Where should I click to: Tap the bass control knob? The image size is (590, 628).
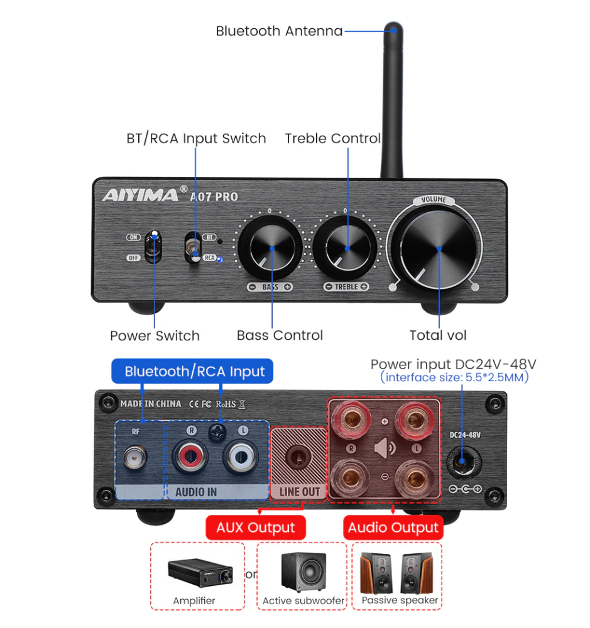click(270, 248)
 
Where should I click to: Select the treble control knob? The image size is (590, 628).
click(345, 248)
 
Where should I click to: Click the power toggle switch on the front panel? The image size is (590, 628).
click(153, 246)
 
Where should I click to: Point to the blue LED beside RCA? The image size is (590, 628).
click(220, 259)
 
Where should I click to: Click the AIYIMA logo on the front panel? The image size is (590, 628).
click(140, 195)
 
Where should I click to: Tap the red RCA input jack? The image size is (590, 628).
click(190, 456)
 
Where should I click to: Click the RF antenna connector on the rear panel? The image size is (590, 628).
click(135, 457)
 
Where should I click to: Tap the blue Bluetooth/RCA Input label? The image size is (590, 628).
click(192, 371)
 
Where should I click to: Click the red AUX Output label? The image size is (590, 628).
click(255, 528)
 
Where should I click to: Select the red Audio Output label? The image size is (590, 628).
click(393, 528)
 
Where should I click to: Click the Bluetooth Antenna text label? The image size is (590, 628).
click(279, 31)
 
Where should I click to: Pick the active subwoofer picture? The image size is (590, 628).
click(303, 572)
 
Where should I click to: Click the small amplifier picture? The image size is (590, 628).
click(200, 573)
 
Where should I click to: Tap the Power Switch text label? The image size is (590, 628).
click(155, 335)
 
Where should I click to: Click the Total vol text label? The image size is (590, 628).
click(438, 335)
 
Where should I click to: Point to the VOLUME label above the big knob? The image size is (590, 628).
click(434, 200)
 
